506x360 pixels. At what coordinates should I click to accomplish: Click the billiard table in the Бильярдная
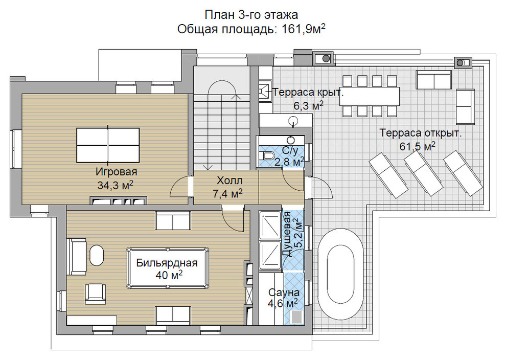168,268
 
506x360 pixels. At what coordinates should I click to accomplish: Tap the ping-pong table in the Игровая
108,145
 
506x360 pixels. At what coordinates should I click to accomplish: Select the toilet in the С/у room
267,155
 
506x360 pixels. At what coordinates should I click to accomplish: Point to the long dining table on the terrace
369,96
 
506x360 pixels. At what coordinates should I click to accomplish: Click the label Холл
229,181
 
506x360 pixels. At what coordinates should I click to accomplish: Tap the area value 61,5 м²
418,146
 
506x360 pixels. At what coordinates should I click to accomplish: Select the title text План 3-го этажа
251,14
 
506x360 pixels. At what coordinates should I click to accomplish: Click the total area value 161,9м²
304,29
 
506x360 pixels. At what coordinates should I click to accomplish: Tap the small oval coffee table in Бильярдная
97,255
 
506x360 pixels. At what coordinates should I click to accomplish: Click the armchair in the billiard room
96,294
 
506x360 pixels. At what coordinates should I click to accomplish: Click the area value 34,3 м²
115,185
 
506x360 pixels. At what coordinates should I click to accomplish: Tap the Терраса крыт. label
308,93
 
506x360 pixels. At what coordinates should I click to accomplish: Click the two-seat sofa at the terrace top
433,80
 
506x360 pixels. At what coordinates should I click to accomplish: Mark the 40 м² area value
169,275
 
